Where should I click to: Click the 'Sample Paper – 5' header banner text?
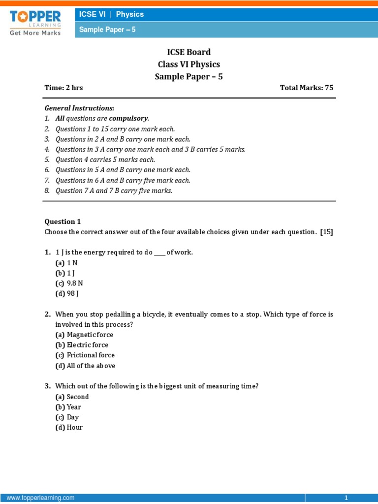click(107, 30)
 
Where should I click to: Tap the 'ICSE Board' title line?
click(189, 52)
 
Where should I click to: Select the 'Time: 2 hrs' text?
click(63, 88)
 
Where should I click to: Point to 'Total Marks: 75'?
click(307, 88)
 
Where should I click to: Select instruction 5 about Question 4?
click(105, 159)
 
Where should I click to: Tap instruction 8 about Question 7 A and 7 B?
click(114, 190)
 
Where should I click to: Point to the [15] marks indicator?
click(327, 232)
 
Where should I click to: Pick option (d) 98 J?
click(67, 293)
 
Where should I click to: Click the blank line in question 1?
click(160, 252)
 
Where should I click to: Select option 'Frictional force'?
click(90, 355)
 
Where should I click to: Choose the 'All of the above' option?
click(91, 365)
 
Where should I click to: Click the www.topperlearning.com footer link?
click(40, 498)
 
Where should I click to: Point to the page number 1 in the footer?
click(346, 498)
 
